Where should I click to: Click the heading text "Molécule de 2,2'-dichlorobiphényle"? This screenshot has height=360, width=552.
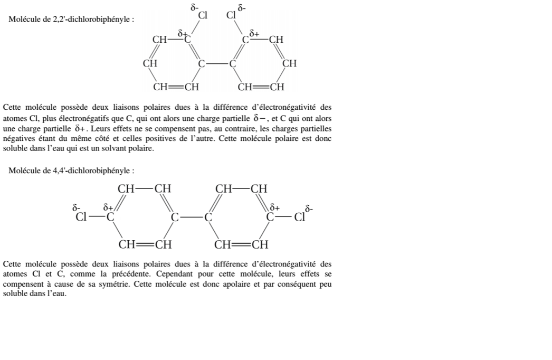point(71,20)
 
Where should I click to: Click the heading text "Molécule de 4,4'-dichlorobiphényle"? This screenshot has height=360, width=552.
point(71,171)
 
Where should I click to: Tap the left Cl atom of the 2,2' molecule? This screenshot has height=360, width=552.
point(203,15)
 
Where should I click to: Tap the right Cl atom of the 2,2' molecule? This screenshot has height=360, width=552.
point(231,15)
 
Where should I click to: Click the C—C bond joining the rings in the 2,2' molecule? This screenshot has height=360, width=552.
point(216,64)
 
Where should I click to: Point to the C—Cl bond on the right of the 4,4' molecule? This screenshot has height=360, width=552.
point(284,216)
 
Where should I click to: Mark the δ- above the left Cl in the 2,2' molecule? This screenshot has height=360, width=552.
point(194,7)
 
